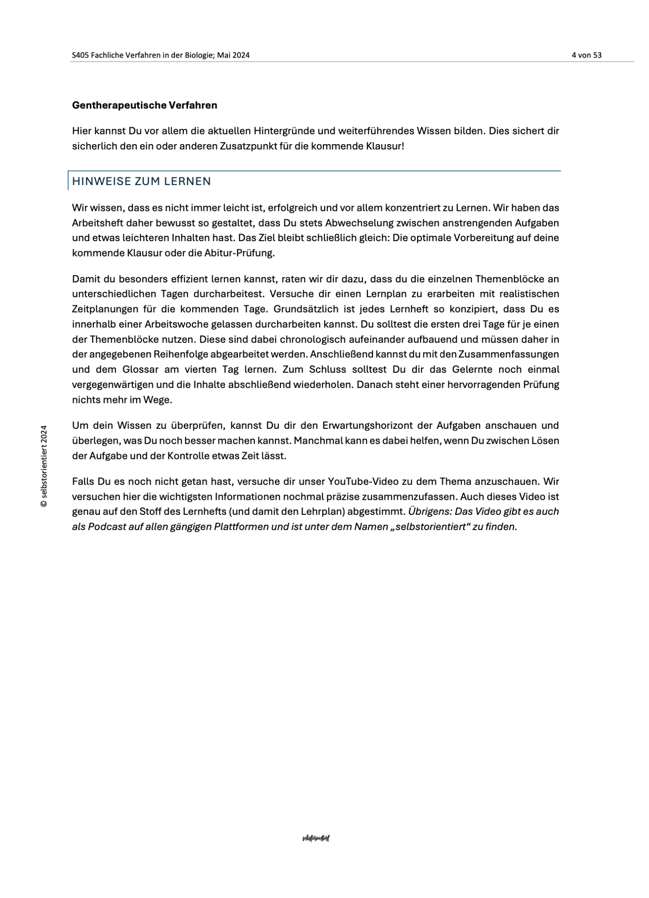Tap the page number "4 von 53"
[x=586, y=55]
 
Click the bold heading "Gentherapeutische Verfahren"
[x=145, y=105]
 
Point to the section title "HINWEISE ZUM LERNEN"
[x=142, y=181]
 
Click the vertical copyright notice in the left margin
[x=44, y=466]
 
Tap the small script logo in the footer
[x=316, y=838]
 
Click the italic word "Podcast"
[x=107, y=527]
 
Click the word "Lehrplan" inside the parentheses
[x=324, y=512]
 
